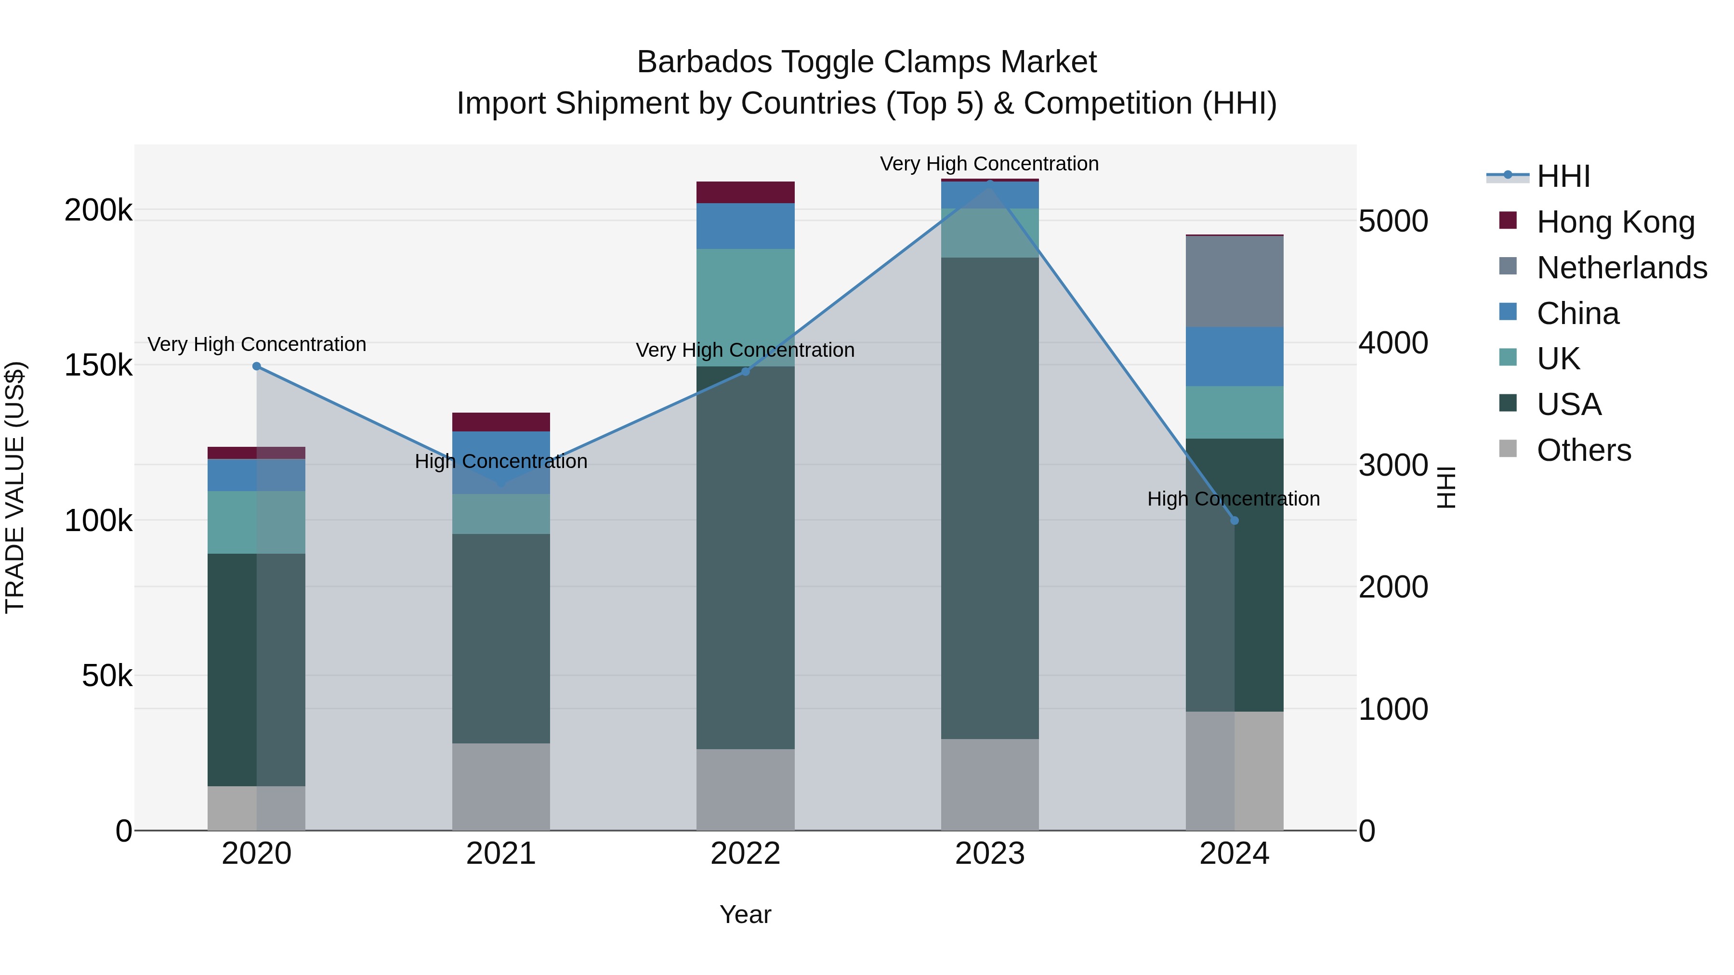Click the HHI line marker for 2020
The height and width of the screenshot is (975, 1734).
coord(256,366)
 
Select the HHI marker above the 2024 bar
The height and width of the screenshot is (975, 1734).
coord(1234,520)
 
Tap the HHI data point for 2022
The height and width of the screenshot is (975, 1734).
coord(745,371)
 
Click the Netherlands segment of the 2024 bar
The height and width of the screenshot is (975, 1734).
coord(1234,281)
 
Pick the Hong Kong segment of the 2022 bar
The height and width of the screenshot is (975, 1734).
coord(745,193)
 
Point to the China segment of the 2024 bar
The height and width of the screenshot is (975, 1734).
coord(1234,357)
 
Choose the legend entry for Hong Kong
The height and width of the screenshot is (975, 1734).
coord(1616,222)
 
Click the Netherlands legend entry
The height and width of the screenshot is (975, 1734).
coord(1622,268)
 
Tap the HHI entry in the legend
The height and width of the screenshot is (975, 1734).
coord(1563,176)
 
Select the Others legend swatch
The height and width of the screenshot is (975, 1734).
coord(1508,449)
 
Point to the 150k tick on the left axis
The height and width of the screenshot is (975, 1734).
coord(98,365)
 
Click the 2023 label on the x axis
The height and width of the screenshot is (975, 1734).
coord(989,854)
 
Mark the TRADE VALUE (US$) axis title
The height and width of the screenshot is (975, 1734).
coord(15,487)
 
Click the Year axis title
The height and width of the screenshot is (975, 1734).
coord(745,914)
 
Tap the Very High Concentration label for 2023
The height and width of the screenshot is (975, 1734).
coord(989,164)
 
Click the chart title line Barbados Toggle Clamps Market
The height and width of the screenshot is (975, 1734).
coord(867,62)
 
